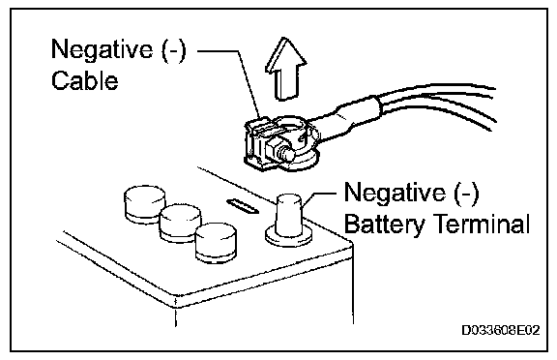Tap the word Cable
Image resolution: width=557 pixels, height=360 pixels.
(x=84, y=80)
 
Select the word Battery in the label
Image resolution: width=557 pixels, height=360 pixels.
(x=385, y=225)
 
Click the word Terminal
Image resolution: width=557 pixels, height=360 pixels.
(x=483, y=224)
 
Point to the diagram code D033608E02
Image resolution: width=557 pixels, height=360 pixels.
(x=501, y=330)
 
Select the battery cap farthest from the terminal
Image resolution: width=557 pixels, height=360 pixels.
(x=144, y=204)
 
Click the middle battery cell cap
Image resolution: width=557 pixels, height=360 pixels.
(x=180, y=224)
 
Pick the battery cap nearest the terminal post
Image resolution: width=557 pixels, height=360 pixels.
(x=216, y=243)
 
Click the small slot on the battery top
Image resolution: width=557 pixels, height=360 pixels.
(x=243, y=206)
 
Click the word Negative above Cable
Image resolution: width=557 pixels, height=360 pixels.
(x=103, y=49)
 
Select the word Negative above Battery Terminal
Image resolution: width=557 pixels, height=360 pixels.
(x=395, y=193)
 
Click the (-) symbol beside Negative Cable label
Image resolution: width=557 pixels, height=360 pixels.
(x=174, y=49)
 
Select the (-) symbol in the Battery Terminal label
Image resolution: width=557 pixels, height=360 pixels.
(x=466, y=194)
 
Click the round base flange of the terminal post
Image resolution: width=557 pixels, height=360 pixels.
(x=288, y=237)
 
